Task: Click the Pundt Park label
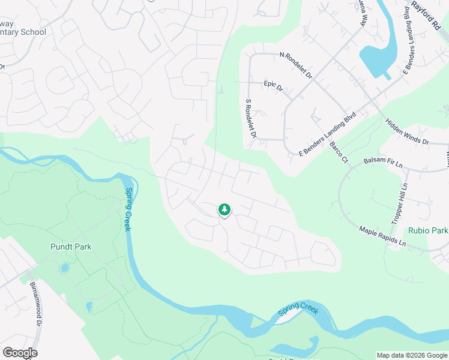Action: click(x=71, y=247)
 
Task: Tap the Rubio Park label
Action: click(x=428, y=230)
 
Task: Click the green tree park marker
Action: click(x=224, y=209)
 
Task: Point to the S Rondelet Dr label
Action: click(x=250, y=118)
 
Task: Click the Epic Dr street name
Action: click(x=273, y=86)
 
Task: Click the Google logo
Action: click(x=20, y=353)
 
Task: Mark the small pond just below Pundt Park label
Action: click(x=64, y=268)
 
